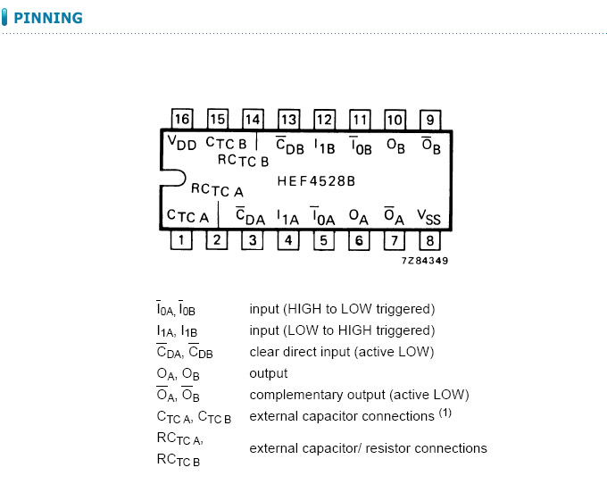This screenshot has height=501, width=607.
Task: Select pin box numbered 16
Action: [182, 120]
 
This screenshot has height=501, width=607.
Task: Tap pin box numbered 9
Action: [430, 120]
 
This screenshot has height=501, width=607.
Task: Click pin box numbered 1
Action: [182, 239]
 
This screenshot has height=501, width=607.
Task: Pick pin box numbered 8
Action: [430, 239]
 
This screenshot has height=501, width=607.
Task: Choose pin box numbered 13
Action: [288, 120]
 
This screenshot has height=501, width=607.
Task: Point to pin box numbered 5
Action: [323, 239]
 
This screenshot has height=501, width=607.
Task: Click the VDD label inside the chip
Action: [181, 144]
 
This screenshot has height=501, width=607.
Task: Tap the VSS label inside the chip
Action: [429, 217]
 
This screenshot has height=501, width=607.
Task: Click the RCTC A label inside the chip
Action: [217, 189]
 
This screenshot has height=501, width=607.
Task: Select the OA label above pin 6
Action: [358, 216]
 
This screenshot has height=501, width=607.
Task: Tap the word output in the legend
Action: [269, 373]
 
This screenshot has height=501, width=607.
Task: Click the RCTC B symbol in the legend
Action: [179, 461]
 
